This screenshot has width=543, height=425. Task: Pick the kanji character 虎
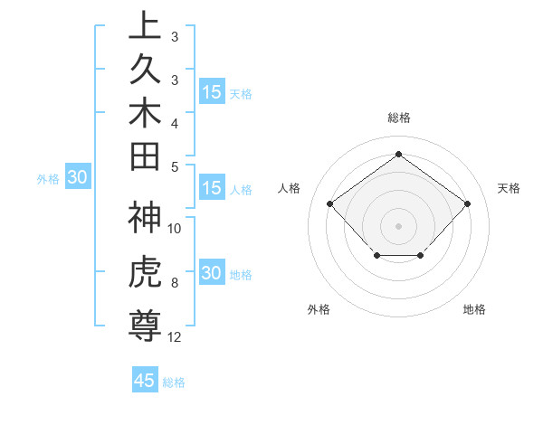[x=145, y=272]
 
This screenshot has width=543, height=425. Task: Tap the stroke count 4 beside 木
[x=174, y=122]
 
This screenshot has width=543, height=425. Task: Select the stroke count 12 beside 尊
[x=175, y=337]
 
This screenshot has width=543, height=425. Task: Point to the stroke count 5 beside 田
[x=174, y=166]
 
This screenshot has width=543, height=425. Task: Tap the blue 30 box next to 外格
[x=77, y=178]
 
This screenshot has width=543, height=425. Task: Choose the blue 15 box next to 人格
[x=212, y=188]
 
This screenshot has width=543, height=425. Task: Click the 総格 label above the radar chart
[x=398, y=118]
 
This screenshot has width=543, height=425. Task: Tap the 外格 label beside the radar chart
[x=319, y=309]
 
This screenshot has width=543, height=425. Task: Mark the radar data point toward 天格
[x=467, y=203]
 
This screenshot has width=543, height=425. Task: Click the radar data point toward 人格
[x=329, y=203]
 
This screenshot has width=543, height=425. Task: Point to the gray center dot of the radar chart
[x=398, y=225]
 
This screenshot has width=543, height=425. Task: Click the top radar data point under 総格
[x=398, y=154]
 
